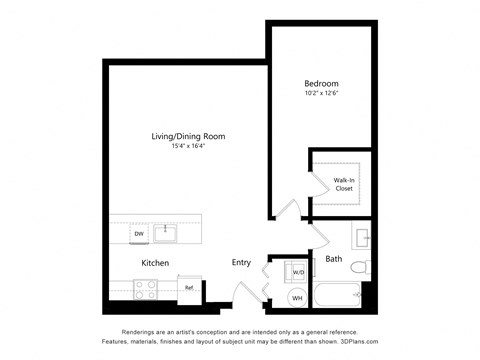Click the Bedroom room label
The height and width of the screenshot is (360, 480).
[321, 83]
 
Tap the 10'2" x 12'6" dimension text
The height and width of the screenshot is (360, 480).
[321, 94]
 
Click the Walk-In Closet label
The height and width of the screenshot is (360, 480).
[344, 183]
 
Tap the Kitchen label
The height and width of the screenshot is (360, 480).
[155, 263]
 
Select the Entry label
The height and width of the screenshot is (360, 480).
[241, 263]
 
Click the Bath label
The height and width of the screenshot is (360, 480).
[333, 260]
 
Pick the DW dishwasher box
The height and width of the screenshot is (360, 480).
[139, 235]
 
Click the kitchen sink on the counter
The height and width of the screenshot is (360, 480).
[166, 234]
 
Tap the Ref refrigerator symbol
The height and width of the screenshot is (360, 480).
[188, 289]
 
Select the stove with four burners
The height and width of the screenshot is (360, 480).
[146, 290]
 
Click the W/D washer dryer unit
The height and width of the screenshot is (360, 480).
[297, 271]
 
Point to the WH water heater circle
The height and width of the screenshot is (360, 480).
[297, 297]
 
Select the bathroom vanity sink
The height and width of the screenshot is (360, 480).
[362, 238]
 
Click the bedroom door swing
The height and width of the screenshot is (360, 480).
[288, 210]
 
